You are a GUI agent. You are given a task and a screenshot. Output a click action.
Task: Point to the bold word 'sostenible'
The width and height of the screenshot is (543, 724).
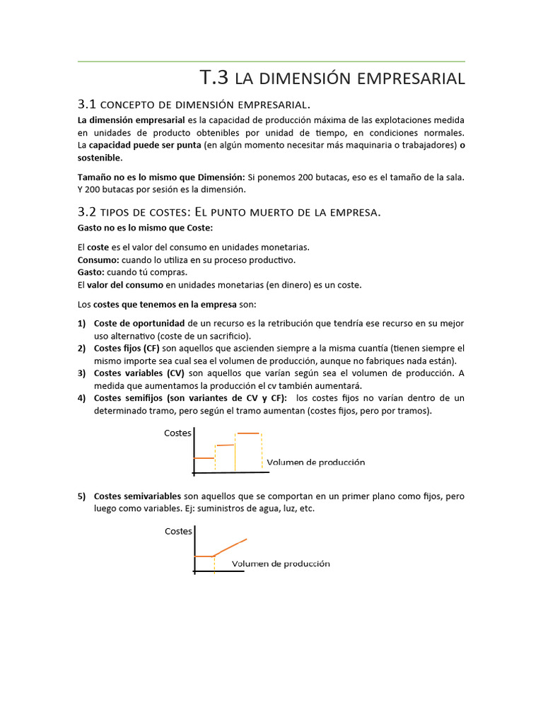(99, 158)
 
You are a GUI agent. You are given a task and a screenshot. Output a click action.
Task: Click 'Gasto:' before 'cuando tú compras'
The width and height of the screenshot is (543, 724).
(91, 272)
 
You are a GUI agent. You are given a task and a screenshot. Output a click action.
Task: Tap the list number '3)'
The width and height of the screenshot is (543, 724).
(82, 373)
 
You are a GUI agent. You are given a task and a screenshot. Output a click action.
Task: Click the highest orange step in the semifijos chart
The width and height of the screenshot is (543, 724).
(248, 433)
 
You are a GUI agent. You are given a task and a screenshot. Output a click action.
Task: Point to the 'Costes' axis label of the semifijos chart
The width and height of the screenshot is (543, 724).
(177, 433)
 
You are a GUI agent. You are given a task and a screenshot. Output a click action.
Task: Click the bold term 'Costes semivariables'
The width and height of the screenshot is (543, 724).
(137, 496)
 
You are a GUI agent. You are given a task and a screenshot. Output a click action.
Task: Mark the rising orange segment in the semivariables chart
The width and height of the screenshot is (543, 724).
(232, 547)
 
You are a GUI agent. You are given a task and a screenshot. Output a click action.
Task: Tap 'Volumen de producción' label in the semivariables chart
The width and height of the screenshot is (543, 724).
(281, 564)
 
